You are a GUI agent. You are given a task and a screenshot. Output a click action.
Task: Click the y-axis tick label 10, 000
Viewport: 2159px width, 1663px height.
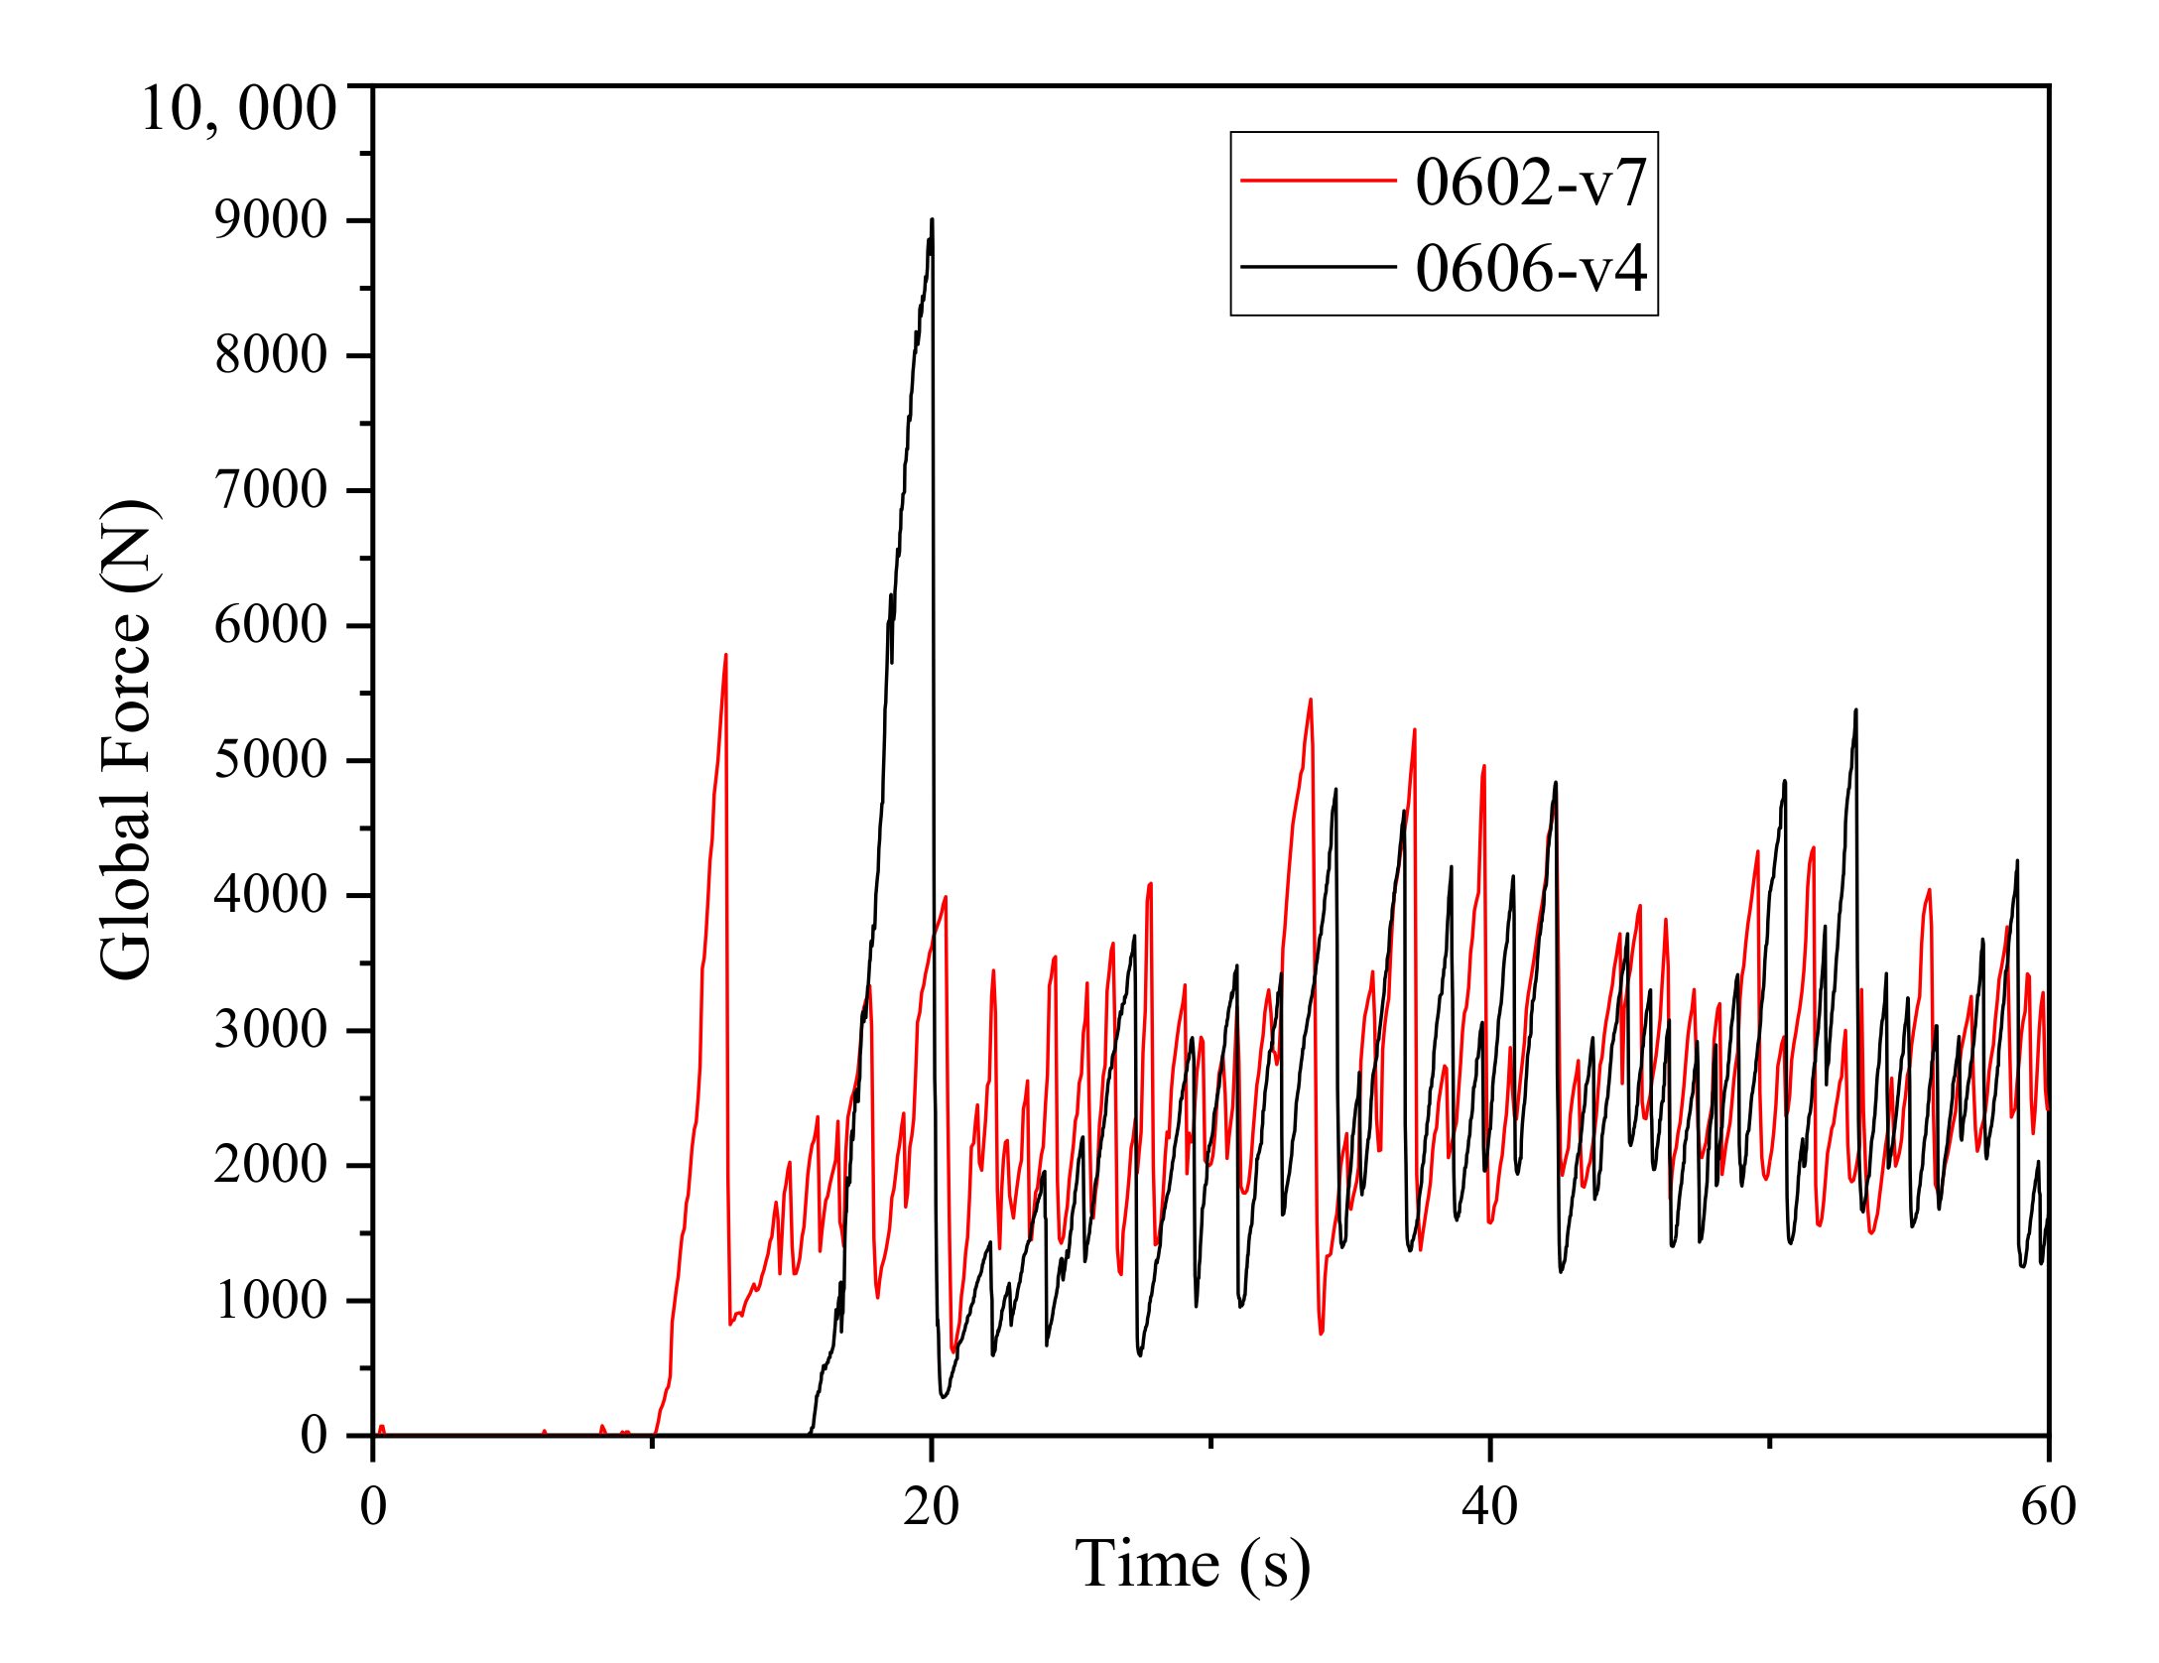pyautogui.click(x=238, y=108)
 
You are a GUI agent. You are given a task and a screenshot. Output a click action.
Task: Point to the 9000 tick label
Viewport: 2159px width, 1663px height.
pyautogui.click(x=270, y=220)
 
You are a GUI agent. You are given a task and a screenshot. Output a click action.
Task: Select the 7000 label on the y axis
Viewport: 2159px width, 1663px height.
pyautogui.click(x=270, y=490)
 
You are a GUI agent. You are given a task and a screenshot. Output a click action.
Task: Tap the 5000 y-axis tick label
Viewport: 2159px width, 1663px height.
pyautogui.click(x=270, y=760)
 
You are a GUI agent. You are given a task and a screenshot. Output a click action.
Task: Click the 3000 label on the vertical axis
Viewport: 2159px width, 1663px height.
pyautogui.click(x=270, y=1030)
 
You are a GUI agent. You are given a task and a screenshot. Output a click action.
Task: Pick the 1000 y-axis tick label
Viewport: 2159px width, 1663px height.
pyautogui.click(x=270, y=1300)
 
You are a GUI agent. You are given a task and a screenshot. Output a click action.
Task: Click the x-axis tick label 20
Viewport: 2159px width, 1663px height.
pyautogui.click(x=931, y=1506)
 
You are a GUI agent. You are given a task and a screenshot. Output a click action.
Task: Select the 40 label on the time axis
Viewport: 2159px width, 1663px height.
pyautogui.click(x=1489, y=1506)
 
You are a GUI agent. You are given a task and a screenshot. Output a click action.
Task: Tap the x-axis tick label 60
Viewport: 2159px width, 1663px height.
pyautogui.click(x=2048, y=1506)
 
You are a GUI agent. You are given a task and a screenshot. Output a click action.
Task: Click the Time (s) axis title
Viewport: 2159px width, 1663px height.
pyautogui.click(x=1192, y=1565)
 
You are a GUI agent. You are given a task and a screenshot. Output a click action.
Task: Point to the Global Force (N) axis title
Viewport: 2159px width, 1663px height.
pyautogui.click(x=126, y=740)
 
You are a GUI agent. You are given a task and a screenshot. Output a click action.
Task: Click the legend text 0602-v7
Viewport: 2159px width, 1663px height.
pyautogui.click(x=1530, y=182)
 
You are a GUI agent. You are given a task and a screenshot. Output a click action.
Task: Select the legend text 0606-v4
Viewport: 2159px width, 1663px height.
pyautogui.click(x=1530, y=268)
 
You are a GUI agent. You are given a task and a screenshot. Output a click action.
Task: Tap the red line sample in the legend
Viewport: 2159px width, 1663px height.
pyautogui.click(x=1318, y=181)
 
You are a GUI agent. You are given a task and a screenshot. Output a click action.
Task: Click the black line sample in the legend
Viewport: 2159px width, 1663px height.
pyautogui.click(x=1318, y=267)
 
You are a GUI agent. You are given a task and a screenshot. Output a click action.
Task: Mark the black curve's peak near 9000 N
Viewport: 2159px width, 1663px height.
pyautogui.click(x=932, y=220)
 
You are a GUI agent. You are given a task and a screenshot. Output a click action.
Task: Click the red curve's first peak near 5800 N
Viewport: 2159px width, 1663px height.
pyautogui.click(x=726, y=655)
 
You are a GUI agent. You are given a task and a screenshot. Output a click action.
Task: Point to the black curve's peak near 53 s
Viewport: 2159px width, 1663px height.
pyautogui.click(x=1855, y=710)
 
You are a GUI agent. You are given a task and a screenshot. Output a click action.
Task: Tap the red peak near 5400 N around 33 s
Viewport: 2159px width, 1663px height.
pyautogui.click(x=1311, y=700)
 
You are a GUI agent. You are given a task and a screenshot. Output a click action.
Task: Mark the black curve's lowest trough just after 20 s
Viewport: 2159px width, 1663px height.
pyautogui.click(x=943, y=1397)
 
